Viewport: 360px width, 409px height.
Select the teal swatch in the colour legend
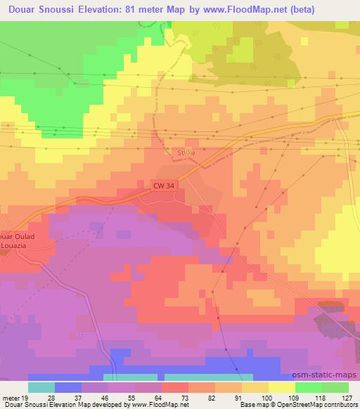coord(41,387)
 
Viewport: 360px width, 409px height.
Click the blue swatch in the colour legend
coord(68,387)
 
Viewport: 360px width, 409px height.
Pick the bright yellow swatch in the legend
coord(281,387)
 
